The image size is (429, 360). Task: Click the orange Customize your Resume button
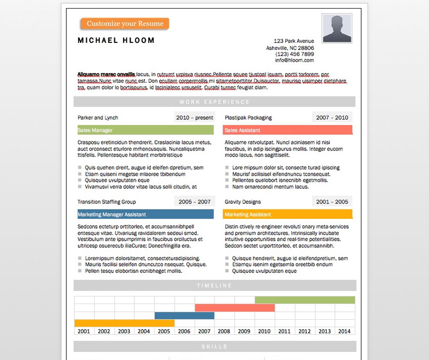(x=125, y=24)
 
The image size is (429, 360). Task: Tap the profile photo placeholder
(x=337, y=28)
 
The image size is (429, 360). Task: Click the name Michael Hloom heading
(x=116, y=40)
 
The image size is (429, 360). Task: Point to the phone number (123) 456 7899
(x=295, y=54)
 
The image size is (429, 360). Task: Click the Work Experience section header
(x=215, y=102)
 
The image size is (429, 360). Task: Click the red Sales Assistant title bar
(x=287, y=130)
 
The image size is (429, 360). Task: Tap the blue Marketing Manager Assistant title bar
(x=145, y=215)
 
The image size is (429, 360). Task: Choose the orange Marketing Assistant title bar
(x=287, y=215)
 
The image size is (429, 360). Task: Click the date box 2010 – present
(x=194, y=118)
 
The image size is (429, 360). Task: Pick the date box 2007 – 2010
(x=332, y=118)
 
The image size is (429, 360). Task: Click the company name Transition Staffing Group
(x=106, y=202)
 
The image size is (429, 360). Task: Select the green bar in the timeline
(x=305, y=300)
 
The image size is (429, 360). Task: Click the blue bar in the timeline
(x=184, y=316)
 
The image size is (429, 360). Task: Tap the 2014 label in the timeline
(x=345, y=331)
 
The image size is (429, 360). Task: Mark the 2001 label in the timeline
(x=84, y=331)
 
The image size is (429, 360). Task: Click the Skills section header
(x=215, y=346)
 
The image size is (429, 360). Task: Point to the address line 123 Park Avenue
(x=294, y=41)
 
